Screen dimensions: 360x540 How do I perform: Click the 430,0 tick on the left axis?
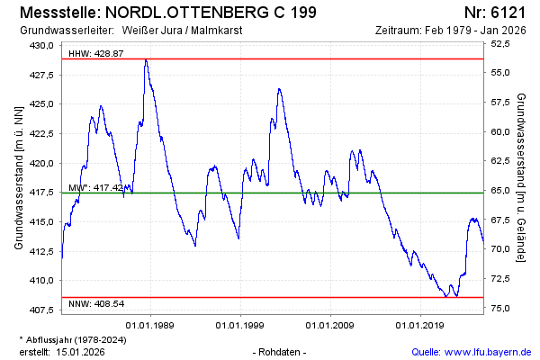click(x=42, y=45)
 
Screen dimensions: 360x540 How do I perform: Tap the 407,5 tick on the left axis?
click(x=42, y=310)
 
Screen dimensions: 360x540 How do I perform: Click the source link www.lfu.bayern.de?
click(x=495, y=351)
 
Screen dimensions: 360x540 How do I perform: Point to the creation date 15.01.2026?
click(x=80, y=351)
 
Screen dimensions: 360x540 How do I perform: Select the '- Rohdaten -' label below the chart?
click(x=281, y=351)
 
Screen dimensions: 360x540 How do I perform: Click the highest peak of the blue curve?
click(x=146, y=60)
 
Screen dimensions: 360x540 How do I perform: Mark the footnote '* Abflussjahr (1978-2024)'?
click(x=72, y=339)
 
